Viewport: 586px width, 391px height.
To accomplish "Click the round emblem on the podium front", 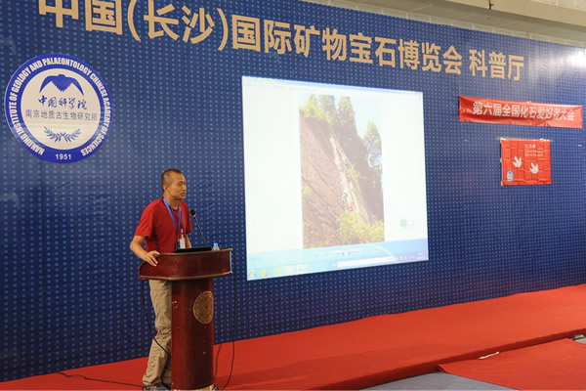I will tap(203, 307).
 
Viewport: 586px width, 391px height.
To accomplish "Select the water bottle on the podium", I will tap(216, 245).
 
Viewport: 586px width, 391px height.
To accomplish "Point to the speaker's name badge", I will tap(181, 239).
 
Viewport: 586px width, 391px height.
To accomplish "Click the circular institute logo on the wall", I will tap(59, 108).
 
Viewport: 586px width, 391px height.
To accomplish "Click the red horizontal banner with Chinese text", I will tap(520, 111).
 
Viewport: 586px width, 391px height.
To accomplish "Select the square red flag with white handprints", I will tap(525, 161).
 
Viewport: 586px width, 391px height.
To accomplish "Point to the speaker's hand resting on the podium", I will tap(148, 259).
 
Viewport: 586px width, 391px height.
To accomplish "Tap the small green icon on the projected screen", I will tap(402, 224).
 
